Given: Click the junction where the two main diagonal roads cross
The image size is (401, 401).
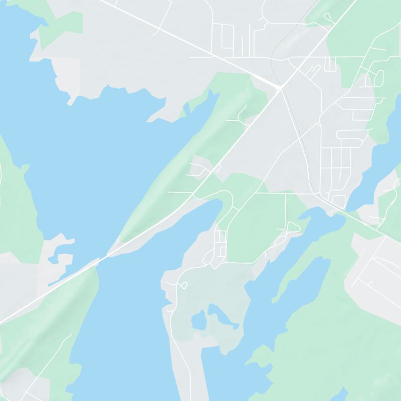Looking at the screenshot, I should (279, 88).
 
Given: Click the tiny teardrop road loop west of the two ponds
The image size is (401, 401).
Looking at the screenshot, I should (183, 285).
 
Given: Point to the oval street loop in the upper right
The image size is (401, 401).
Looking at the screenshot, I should (378, 78).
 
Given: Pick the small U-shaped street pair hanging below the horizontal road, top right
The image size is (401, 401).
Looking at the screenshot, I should (330, 65).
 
